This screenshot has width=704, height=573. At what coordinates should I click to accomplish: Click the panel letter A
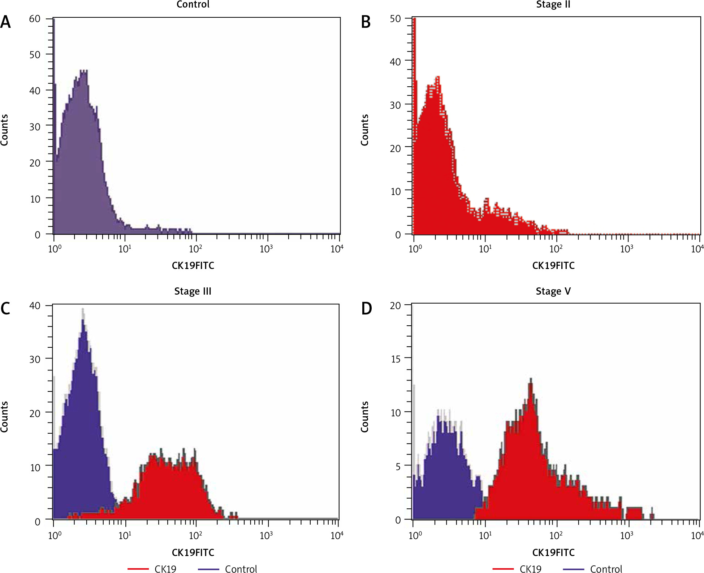coord(5,22)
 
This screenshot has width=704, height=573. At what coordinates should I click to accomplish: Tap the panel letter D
coord(366,309)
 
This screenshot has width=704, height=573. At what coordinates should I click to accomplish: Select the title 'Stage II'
coord(553,5)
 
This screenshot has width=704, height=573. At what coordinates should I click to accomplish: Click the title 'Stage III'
coord(193,291)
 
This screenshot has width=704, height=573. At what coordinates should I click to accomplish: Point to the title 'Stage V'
coord(553,291)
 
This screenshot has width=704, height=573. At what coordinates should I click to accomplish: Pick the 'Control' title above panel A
coord(193,5)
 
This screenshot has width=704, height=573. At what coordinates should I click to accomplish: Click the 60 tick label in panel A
coord(35,19)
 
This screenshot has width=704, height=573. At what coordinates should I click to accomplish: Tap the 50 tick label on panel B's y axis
coord(396,19)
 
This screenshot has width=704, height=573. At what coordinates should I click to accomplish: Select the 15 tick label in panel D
coord(396,359)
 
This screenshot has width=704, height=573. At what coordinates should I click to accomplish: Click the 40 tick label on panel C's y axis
coord(35,306)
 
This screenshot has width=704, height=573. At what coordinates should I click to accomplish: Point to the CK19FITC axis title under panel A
coord(193,266)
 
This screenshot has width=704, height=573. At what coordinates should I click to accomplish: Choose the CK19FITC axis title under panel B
coord(553,266)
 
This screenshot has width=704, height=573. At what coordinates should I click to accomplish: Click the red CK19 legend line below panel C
coord(138,569)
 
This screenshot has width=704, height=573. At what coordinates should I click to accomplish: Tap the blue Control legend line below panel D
coord(574,569)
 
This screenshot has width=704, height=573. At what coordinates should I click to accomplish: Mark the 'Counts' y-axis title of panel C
coord(4,417)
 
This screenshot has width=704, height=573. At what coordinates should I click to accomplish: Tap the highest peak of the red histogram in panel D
coord(531,379)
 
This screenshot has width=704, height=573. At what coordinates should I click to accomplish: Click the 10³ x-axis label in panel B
coord(626,249)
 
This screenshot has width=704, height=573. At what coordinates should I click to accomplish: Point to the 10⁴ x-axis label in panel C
coord(337,535)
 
